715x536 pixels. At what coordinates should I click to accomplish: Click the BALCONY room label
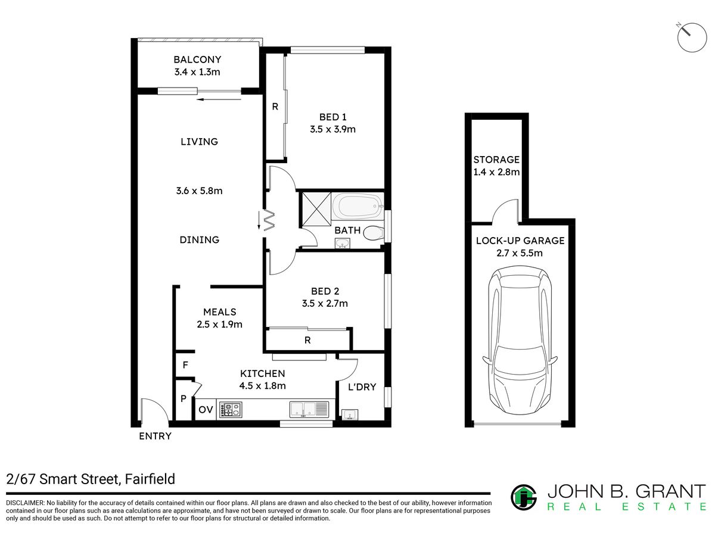(x=197, y=60)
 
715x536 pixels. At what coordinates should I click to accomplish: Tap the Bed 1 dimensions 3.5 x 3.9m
(x=332, y=129)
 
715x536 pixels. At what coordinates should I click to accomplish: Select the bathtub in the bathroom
(x=357, y=206)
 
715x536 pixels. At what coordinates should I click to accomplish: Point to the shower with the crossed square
(x=316, y=209)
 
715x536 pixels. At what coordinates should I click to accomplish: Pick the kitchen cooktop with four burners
(x=231, y=409)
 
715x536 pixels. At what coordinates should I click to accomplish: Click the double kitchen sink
(x=309, y=409)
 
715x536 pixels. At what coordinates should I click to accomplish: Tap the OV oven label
(x=206, y=409)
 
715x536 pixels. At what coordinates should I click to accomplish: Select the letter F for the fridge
(x=185, y=365)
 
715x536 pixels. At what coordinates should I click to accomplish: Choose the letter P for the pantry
(x=184, y=398)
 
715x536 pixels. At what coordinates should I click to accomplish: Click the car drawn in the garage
(x=520, y=341)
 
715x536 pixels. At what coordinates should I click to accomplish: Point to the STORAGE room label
(x=496, y=160)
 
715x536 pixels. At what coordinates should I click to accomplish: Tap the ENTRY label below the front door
(x=155, y=436)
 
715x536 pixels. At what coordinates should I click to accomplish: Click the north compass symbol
(x=692, y=37)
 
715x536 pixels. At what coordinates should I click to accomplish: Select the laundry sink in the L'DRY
(x=350, y=415)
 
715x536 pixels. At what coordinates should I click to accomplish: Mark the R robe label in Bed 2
(x=307, y=340)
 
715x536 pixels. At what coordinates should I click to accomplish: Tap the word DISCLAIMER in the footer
(x=25, y=503)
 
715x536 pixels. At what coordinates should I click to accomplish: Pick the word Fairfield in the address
(x=150, y=479)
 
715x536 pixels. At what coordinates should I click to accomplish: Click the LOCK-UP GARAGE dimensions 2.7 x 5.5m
(x=520, y=253)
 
